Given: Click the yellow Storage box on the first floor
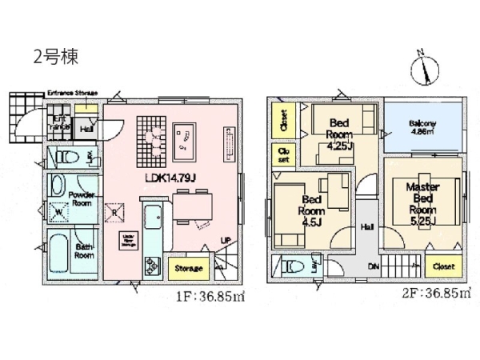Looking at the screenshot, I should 190,269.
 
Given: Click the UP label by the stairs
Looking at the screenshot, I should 226,238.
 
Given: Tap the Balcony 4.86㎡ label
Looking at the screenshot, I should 422,126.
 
